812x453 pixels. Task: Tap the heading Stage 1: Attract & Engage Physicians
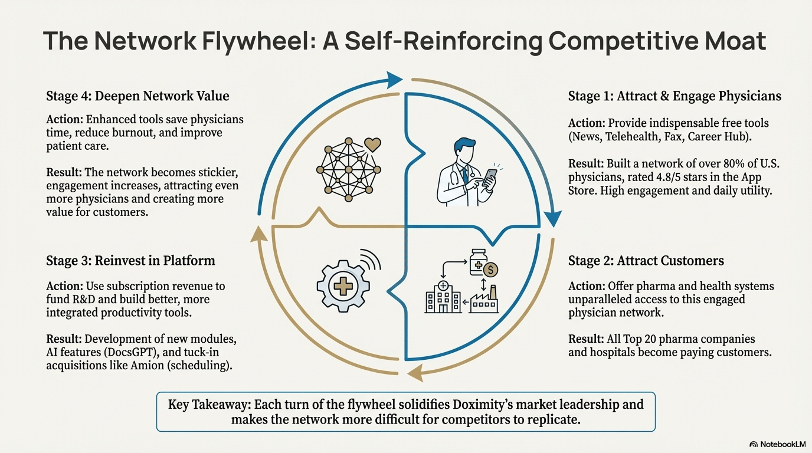(x=675, y=96)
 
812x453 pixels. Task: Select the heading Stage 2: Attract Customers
(x=646, y=261)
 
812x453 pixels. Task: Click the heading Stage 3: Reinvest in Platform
(x=130, y=261)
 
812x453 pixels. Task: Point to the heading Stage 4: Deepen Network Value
(x=137, y=96)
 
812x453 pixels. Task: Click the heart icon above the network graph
(x=372, y=145)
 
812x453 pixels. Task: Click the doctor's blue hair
(x=464, y=145)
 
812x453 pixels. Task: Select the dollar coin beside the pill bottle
(x=490, y=269)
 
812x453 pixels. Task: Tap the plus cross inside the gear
(x=343, y=287)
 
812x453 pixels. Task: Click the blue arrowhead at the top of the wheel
(x=394, y=80)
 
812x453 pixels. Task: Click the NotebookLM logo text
(x=782, y=444)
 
